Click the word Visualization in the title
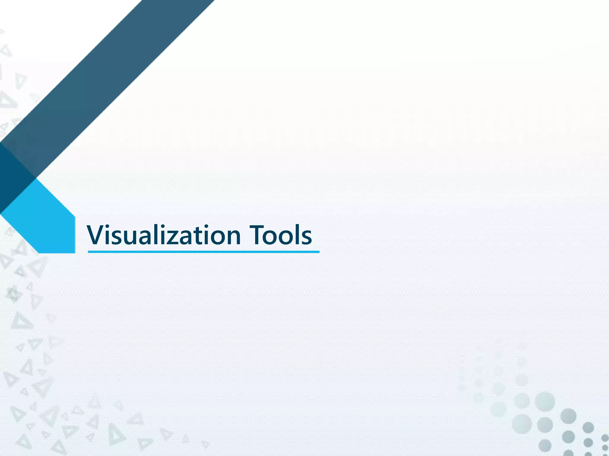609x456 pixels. pyautogui.click(x=164, y=235)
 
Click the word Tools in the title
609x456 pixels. pyautogui.click(x=280, y=235)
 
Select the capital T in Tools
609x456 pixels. pyautogui.click(x=256, y=235)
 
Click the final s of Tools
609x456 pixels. pyautogui.click(x=307, y=237)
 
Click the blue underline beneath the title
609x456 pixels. pyautogui.click(x=204, y=252)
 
